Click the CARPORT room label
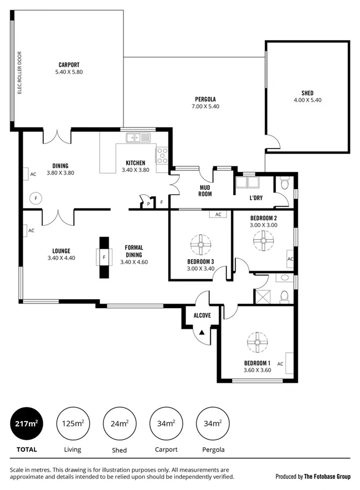(69, 65)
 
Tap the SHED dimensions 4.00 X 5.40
(307, 100)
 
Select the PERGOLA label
(205, 99)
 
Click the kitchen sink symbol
(139, 137)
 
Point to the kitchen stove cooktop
(162, 155)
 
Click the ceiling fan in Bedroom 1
(257, 341)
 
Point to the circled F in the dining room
(36, 197)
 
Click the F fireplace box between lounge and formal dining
(104, 257)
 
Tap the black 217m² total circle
(26, 424)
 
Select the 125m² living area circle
(73, 424)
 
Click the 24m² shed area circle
(119, 424)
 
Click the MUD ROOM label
(205, 191)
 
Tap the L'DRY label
(257, 198)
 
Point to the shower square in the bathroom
(262, 294)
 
